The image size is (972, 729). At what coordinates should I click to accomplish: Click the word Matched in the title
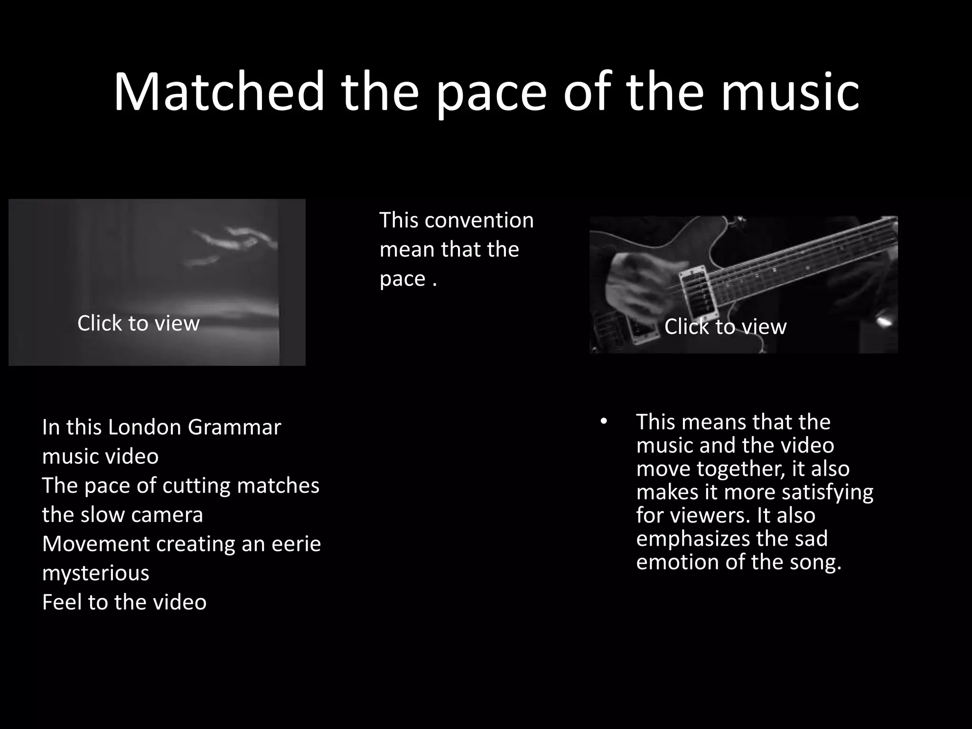(219, 91)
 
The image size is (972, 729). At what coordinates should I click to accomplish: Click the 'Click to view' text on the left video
(138, 323)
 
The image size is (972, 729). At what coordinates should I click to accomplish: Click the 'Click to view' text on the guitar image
(725, 327)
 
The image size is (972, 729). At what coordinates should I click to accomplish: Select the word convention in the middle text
(479, 220)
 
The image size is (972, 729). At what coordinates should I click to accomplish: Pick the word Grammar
(234, 427)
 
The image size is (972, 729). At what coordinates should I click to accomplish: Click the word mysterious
(95, 573)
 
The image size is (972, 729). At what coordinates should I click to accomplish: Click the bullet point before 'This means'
(603, 421)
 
